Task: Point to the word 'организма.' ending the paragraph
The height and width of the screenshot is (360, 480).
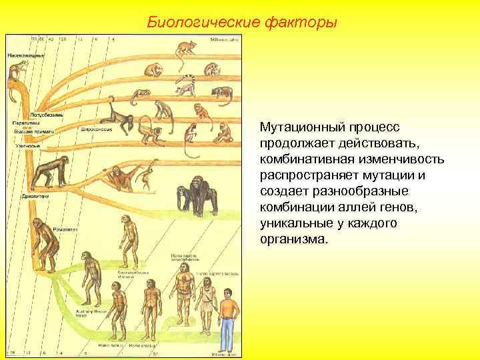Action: (x=294, y=239)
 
